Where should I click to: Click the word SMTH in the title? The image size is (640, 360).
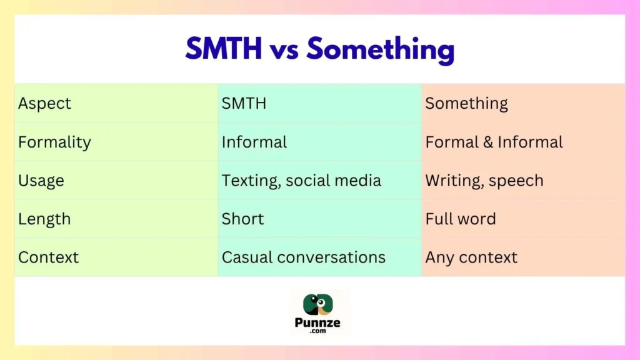pyautogui.click(x=223, y=49)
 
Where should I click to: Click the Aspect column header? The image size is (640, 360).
pyautogui.click(x=45, y=104)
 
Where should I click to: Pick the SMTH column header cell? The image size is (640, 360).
pyautogui.click(x=244, y=104)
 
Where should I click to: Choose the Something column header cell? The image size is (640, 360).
pyautogui.click(x=466, y=104)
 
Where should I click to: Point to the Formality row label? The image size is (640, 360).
pyautogui.click(x=54, y=142)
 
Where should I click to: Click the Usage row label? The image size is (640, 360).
pyautogui.click(x=41, y=181)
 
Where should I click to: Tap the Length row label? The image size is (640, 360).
pyautogui.click(x=44, y=219)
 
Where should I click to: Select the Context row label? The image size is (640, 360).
pyautogui.click(x=49, y=257)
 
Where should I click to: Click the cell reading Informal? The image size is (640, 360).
pyautogui.click(x=254, y=142)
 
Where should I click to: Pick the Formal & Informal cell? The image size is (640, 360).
pyautogui.click(x=494, y=142)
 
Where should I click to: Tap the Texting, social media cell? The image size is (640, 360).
pyautogui.click(x=301, y=181)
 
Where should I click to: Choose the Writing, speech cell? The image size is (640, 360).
pyautogui.click(x=484, y=181)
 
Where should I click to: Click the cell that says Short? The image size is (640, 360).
pyautogui.click(x=242, y=219)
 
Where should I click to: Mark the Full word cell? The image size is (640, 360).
pyautogui.click(x=461, y=219)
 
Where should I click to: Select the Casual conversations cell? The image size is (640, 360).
pyautogui.click(x=304, y=257)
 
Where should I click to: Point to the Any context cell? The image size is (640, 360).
pyautogui.click(x=471, y=257)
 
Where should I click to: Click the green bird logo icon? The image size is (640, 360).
pyautogui.click(x=319, y=305)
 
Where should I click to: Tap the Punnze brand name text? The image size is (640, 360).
pyautogui.click(x=320, y=323)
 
